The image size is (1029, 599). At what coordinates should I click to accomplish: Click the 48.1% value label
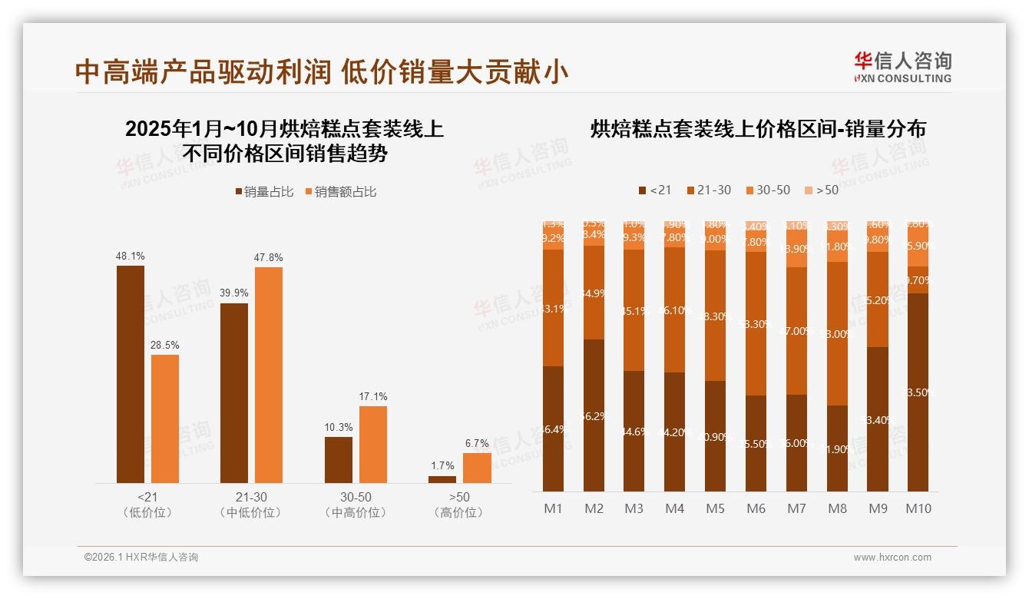click(130, 256)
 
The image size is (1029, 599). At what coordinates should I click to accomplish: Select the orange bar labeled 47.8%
click(268, 374)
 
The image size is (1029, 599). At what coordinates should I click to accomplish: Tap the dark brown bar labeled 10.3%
click(338, 459)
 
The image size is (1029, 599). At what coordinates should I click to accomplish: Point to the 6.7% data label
click(477, 443)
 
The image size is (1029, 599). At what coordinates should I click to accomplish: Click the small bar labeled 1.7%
click(442, 479)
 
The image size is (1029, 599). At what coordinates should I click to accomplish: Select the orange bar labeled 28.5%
click(164, 418)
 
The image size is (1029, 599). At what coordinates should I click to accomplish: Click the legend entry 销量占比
click(263, 192)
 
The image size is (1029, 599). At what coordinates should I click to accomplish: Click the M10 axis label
click(918, 508)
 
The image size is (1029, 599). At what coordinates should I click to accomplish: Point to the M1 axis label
click(553, 508)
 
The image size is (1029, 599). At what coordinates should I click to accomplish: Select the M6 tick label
click(756, 508)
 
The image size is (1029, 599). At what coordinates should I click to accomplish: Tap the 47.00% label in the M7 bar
click(796, 331)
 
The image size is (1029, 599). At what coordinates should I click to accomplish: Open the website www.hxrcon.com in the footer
click(892, 558)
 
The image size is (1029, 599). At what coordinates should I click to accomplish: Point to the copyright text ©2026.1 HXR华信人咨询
click(141, 558)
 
